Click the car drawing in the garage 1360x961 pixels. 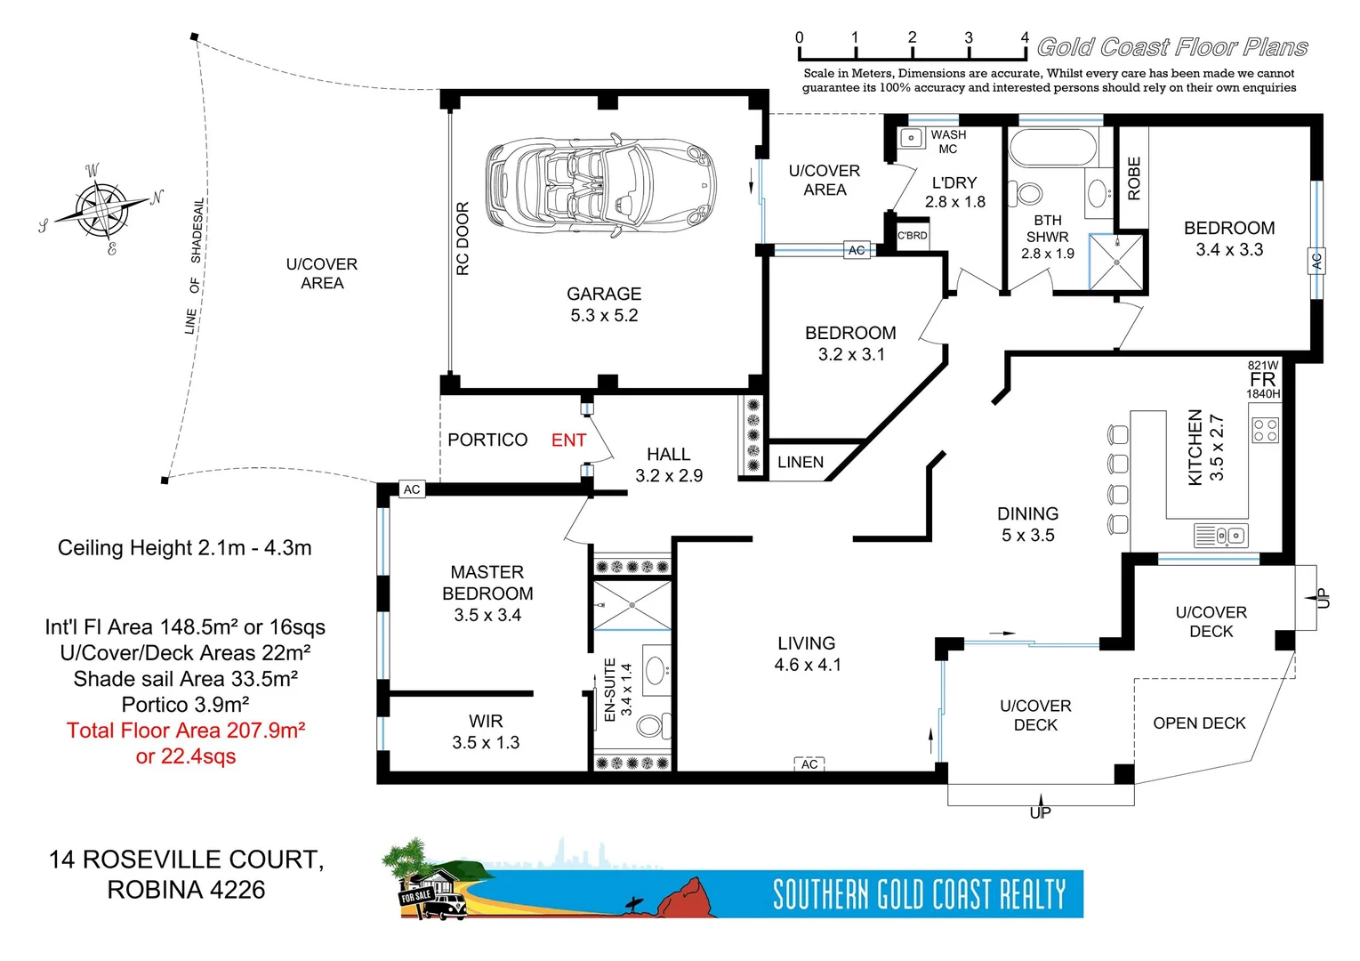pos(601,186)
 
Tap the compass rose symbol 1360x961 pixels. pos(103,210)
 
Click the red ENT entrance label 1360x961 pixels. pos(568,440)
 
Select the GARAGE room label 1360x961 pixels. pos(604,294)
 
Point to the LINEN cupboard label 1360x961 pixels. pos(801,463)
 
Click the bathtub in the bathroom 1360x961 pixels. pos(1053,148)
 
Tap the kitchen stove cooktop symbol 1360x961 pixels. pos(1265,430)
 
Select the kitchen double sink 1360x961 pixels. pos(1221,536)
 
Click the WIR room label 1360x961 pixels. pos(486,722)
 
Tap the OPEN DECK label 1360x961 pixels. pos(1199,723)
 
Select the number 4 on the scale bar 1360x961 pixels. pos(1025,37)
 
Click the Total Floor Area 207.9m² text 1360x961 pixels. pos(186,731)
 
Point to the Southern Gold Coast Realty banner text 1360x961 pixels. pos(919,894)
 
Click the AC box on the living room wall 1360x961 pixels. pos(809,764)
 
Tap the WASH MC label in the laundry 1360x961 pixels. pos(948,141)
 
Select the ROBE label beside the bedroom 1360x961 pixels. pos(1134,178)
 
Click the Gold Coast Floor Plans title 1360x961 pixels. pos(1172,47)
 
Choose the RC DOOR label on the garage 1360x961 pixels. pos(463,238)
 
